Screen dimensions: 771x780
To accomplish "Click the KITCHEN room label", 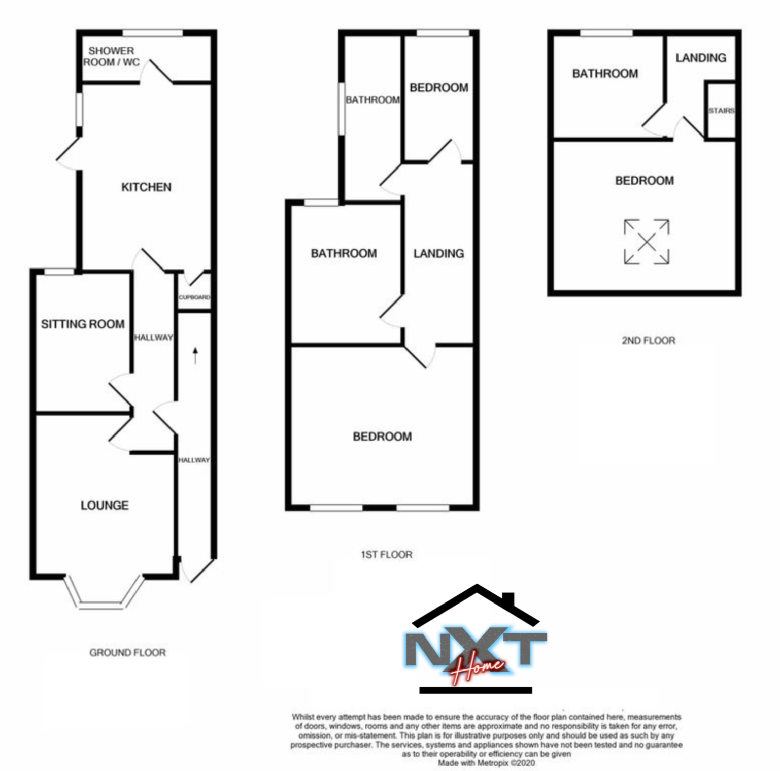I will click(146, 187).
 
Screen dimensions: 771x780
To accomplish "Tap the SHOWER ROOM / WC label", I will click(111, 56).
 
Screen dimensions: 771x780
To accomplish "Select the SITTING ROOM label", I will click(83, 324).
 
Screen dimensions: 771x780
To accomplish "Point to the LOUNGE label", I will click(105, 505).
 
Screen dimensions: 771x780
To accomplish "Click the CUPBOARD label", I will click(194, 297).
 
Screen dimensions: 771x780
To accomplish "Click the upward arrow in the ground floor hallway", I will click(195, 355).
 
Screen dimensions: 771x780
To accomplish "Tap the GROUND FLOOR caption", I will click(127, 652).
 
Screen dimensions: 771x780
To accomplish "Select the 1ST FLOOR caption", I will click(386, 555).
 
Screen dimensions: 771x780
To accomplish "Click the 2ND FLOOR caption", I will click(648, 340).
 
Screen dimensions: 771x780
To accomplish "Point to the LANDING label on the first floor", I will click(438, 253).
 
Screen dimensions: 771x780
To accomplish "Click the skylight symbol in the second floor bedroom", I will click(646, 242).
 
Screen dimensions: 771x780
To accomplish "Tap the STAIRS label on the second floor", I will click(721, 110).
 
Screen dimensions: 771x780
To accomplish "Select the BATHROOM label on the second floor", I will click(605, 74).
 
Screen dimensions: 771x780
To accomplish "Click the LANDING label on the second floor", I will click(700, 58).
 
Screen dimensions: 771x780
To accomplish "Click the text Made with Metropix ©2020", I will click(486, 762).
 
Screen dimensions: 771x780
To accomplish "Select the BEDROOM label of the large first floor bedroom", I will click(382, 437).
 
